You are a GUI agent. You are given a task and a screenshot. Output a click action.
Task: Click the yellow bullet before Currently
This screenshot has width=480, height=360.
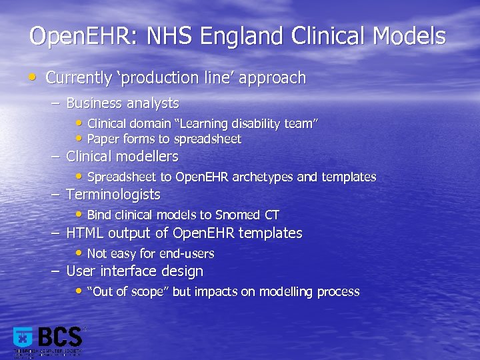(34, 77)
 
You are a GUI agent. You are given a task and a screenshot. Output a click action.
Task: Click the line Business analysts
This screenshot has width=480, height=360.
(123, 103)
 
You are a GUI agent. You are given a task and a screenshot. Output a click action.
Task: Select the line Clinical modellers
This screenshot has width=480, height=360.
(122, 157)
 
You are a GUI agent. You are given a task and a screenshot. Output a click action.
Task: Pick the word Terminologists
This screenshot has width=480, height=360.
(113, 195)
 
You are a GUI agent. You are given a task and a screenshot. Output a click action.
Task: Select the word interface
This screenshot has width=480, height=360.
(129, 271)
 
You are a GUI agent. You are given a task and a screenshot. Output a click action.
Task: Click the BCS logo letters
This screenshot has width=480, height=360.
(60, 337)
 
